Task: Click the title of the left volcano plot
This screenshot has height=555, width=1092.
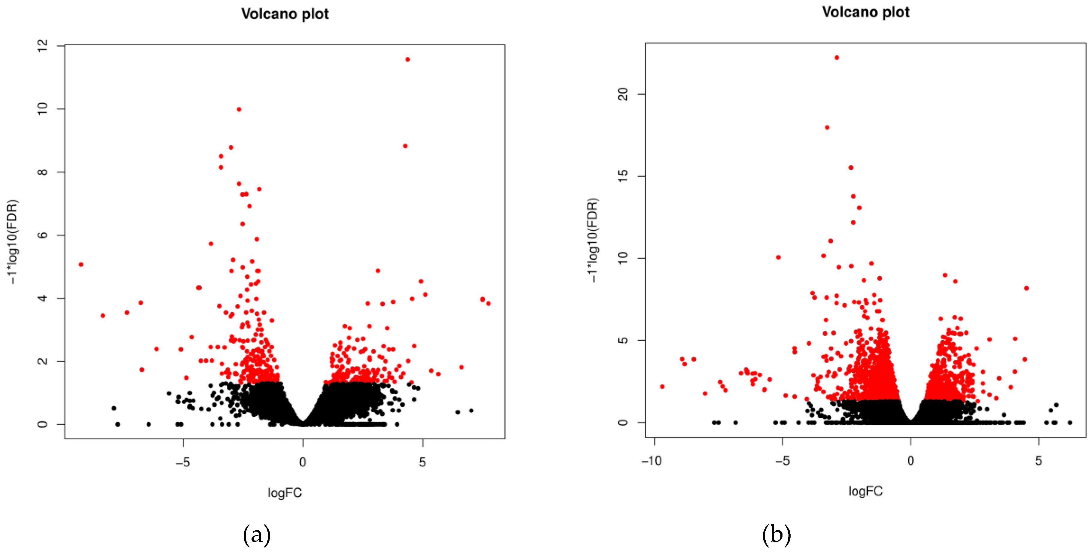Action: point(285,14)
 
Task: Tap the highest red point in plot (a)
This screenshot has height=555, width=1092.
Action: point(407,59)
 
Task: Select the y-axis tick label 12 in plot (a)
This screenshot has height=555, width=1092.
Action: point(42,45)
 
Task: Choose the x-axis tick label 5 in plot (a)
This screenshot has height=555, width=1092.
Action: point(422,462)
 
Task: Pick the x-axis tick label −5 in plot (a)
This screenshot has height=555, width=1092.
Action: point(183,462)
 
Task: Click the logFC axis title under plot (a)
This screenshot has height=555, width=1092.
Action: point(285,493)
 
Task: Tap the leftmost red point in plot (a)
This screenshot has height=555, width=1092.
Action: point(81,264)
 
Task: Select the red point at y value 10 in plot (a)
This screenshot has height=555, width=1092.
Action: point(239,109)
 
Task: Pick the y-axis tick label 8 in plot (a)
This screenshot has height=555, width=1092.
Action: point(42,172)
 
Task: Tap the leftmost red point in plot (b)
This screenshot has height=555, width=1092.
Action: point(662,387)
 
